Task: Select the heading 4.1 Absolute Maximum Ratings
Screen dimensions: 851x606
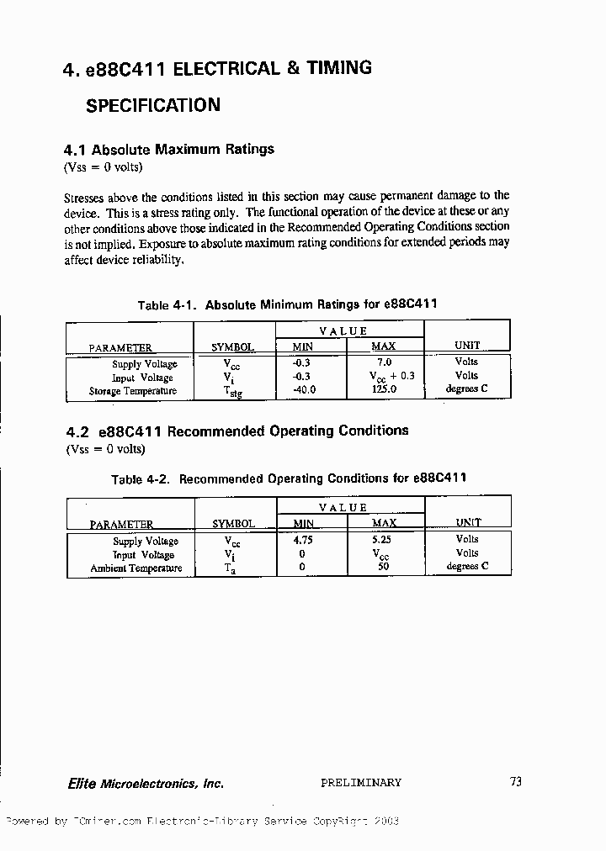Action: point(169,150)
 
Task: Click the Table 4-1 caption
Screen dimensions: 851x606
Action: point(287,304)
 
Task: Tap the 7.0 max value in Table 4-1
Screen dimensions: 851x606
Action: point(383,362)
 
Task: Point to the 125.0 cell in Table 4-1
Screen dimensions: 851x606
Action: point(383,390)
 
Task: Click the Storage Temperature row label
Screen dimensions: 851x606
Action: point(133,391)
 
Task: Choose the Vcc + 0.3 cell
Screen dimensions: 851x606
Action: point(391,377)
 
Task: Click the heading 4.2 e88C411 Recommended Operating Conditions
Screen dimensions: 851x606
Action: point(237,431)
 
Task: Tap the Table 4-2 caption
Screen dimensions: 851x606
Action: point(289,479)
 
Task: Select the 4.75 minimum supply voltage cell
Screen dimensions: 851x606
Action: point(302,541)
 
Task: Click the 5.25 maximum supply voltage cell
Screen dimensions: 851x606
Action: point(383,541)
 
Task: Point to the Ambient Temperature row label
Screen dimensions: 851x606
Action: point(136,568)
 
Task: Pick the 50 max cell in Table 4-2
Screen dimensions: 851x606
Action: point(383,568)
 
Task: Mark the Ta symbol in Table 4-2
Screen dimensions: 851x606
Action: point(230,568)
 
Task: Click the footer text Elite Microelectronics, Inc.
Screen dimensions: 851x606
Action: point(146,784)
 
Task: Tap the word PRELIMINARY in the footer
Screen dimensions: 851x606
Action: point(361,783)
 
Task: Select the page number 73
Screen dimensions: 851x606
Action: point(516,782)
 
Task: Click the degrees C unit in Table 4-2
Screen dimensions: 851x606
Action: point(467,567)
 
